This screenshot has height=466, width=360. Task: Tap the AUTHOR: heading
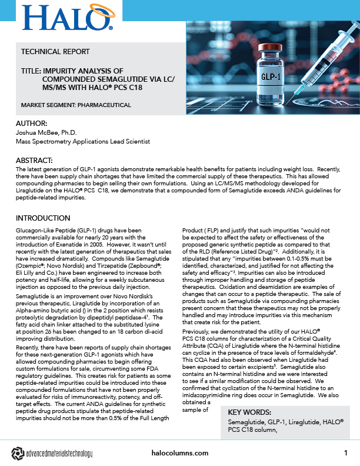33,124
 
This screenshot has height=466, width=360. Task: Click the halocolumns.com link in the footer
179,453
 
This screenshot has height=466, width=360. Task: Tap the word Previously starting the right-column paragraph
195,333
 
